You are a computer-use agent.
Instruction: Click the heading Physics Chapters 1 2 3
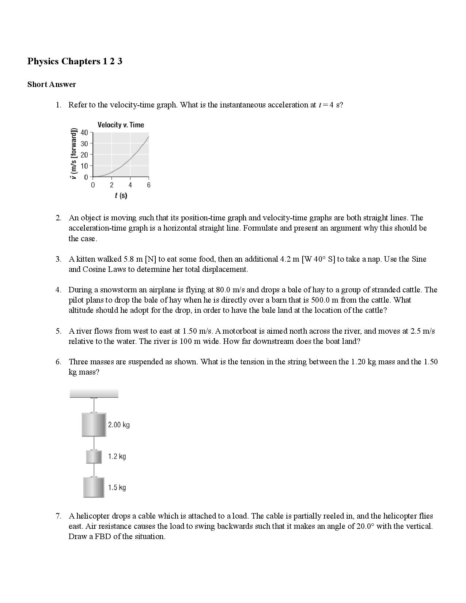(75, 61)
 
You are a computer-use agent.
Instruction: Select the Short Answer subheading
(52, 84)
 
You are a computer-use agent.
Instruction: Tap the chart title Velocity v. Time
(121, 125)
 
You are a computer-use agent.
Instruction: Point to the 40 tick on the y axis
(84, 133)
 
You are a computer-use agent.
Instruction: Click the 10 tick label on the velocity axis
(84, 166)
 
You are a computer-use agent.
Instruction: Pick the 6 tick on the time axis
(148, 185)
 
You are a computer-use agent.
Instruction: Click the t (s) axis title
(121, 196)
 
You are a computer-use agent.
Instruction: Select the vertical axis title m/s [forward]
(74, 153)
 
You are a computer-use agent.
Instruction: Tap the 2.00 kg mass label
(119, 425)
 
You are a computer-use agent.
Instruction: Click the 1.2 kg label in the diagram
(117, 456)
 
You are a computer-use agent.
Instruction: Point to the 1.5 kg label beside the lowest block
(117, 488)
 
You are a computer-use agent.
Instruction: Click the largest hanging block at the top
(94, 425)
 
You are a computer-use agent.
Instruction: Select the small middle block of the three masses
(94, 457)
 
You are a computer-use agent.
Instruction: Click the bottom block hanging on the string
(94, 488)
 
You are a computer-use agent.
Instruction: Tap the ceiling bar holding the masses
(94, 393)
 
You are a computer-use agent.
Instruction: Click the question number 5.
(58, 331)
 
